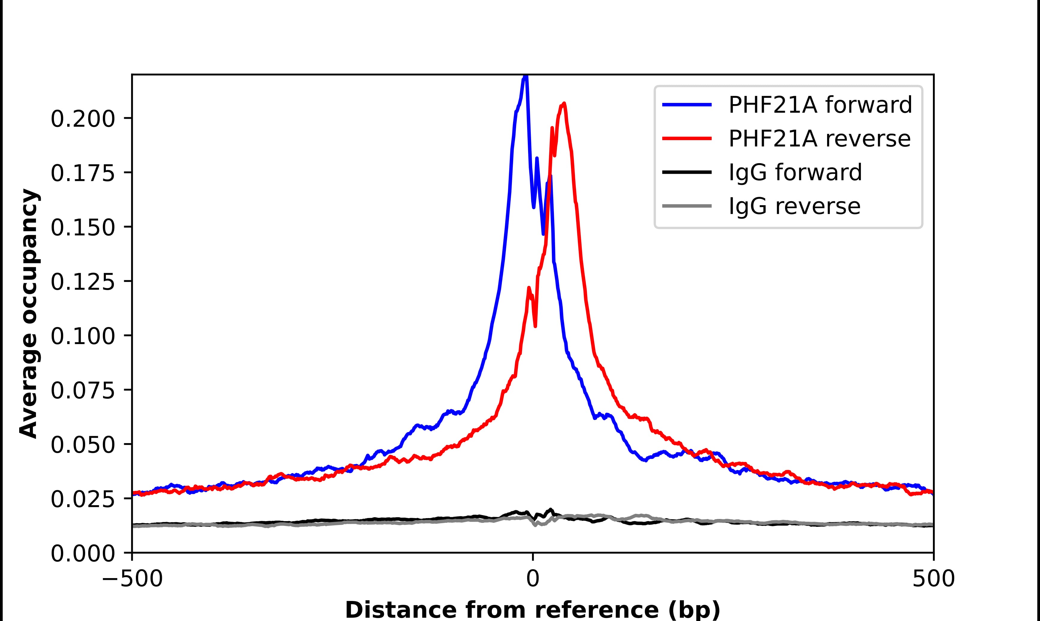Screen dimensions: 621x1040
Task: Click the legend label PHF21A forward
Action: tap(820, 105)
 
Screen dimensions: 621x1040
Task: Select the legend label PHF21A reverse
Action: tap(819, 139)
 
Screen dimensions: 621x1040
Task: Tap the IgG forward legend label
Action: tap(795, 172)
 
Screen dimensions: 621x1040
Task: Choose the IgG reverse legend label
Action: tap(794, 206)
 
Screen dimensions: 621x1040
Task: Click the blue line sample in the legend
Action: tap(687, 105)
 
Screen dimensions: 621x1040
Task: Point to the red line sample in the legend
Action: tap(687, 139)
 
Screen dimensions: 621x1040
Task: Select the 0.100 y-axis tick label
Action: tap(82, 336)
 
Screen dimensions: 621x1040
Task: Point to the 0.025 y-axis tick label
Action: tap(82, 499)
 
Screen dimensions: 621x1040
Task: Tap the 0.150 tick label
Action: tap(82, 228)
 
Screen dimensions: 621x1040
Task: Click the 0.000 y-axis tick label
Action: tap(82, 553)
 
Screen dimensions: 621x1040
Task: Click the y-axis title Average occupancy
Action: tap(29, 313)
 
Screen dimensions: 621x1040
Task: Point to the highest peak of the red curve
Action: tap(564, 103)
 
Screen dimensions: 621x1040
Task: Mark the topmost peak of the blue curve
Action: tap(526, 76)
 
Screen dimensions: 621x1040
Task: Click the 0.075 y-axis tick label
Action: tap(82, 391)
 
